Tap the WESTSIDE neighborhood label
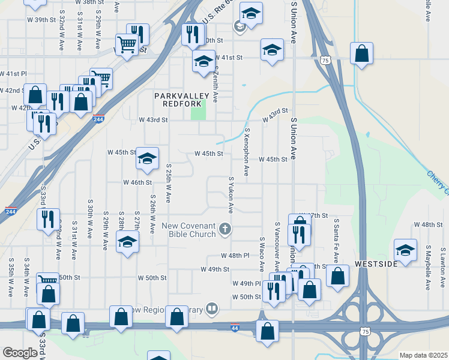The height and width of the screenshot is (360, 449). [x=376, y=264]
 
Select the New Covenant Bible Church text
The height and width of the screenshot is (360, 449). [x=188, y=230]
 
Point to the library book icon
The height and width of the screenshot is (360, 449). [x=211, y=309]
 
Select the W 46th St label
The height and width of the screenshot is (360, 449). [x=137, y=182]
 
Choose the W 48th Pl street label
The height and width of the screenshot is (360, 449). [x=235, y=256]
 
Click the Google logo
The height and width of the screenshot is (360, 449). [x=20, y=353]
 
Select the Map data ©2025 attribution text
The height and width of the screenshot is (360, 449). [x=423, y=355]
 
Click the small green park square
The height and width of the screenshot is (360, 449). [x=198, y=110]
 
